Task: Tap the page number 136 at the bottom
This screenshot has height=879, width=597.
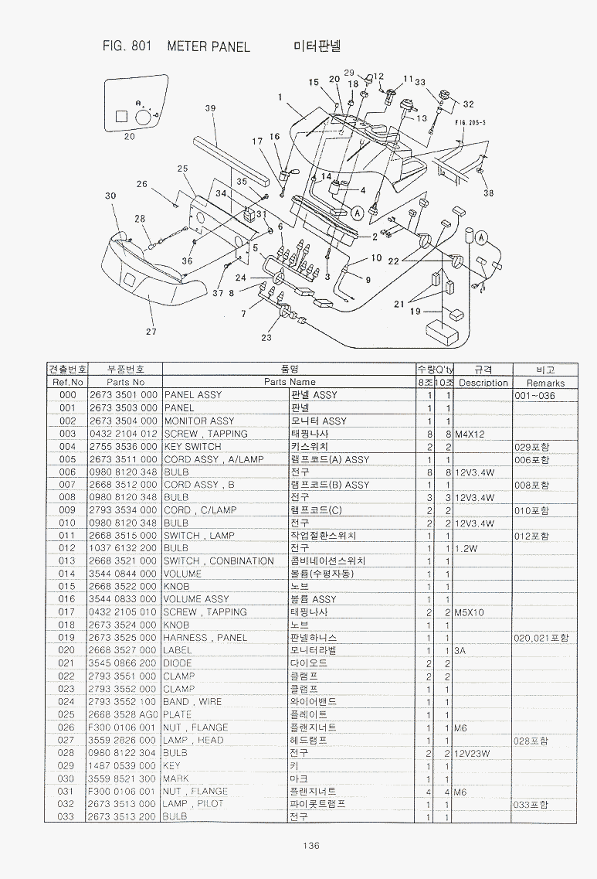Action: coord(311,845)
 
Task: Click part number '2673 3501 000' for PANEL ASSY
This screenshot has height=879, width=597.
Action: coord(123,395)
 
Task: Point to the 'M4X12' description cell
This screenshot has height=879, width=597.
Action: coord(470,434)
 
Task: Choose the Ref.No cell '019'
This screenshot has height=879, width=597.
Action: coord(67,638)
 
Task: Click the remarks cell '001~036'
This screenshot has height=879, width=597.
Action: coord(534,395)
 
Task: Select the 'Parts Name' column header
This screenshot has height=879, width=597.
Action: coord(290,382)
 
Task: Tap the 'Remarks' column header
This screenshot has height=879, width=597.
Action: coord(545,383)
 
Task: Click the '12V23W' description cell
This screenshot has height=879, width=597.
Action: coord(473,752)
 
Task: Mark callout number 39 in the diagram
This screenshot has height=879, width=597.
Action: coord(210,109)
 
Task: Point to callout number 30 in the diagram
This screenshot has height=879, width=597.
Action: coord(110,196)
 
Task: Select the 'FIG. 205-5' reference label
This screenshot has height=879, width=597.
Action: coord(470,122)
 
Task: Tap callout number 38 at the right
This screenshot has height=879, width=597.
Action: coord(488,193)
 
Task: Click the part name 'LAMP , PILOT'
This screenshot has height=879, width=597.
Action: coord(193,804)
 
